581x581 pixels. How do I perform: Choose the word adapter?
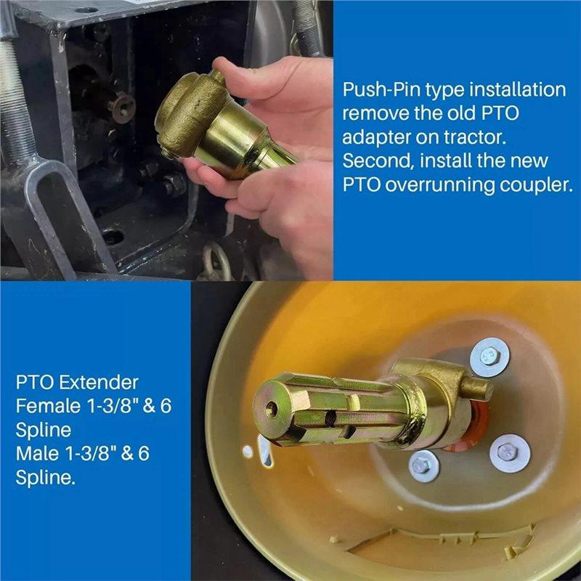pyautogui.click(x=375, y=139)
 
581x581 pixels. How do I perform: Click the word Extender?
pyautogui.click(x=99, y=383)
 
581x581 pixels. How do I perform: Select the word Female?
pyautogui.click(x=48, y=406)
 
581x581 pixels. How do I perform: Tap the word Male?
pyautogui.click(x=38, y=453)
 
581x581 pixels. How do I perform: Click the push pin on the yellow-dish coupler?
pyautogui.click(x=477, y=388)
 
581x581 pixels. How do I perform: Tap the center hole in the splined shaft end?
pyautogui.click(x=271, y=409)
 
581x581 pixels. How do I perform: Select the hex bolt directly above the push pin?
pyautogui.click(x=489, y=357)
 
